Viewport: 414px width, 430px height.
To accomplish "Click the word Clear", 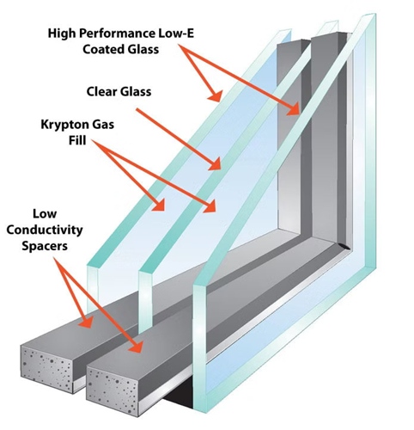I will (105, 89).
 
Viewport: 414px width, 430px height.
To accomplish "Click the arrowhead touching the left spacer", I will (86, 324).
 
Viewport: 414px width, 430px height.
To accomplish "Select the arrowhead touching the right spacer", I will (138, 352).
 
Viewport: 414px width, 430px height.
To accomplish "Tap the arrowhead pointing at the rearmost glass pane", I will (297, 110).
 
